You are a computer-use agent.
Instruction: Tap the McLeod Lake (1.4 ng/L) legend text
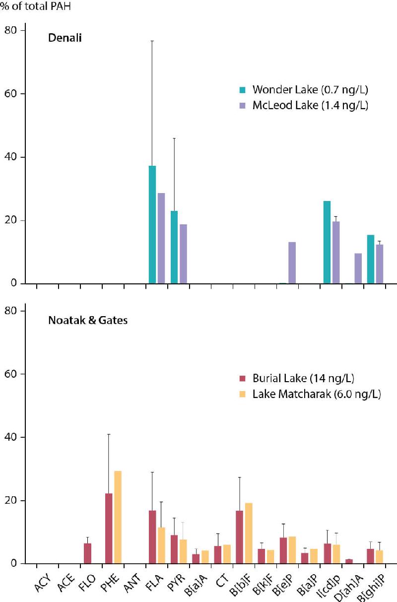(x=310, y=105)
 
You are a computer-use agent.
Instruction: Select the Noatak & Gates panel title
(x=88, y=320)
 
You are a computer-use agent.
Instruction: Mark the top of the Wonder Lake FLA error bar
(x=152, y=41)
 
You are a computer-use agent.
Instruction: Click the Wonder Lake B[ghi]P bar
(x=371, y=259)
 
